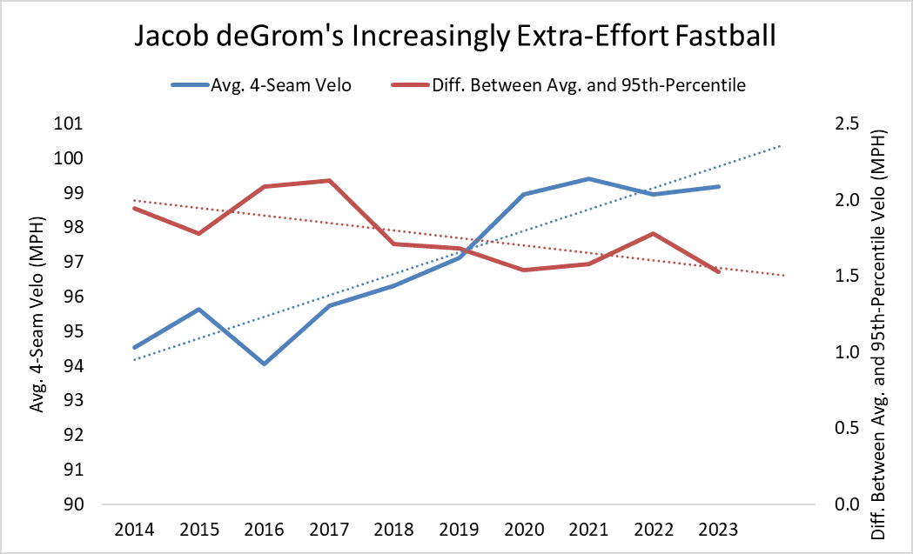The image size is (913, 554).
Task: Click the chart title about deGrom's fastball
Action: [455, 37]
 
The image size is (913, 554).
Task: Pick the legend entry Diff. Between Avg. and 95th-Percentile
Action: [574, 85]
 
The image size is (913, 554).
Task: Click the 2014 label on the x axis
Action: [134, 530]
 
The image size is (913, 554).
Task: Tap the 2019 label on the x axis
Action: [460, 530]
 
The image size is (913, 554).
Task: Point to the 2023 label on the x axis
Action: [719, 530]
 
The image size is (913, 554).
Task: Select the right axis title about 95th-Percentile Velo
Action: [880, 314]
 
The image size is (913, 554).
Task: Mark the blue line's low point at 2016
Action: [264, 364]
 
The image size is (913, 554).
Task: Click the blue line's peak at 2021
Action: [589, 179]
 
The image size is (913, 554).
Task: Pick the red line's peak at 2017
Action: [329, 181]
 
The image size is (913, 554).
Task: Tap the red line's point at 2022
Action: [654, 233]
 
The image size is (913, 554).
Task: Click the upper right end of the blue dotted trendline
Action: [782, 145]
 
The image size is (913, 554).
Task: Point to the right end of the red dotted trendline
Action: [784, 276]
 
